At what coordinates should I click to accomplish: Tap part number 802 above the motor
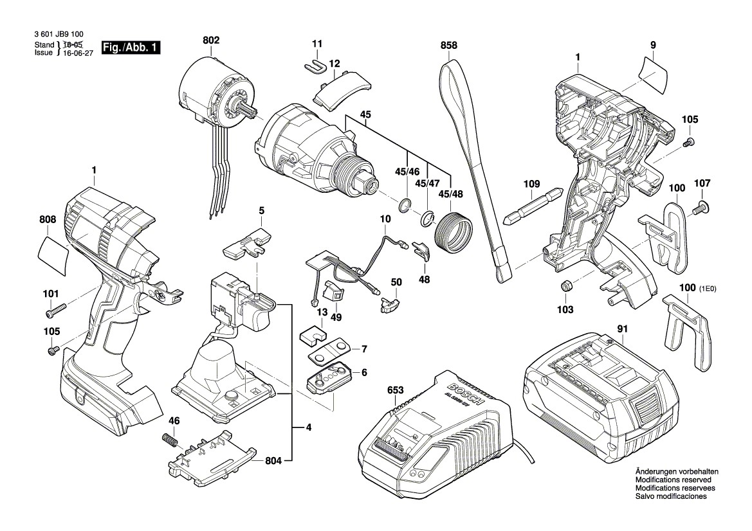[x=210, y=40]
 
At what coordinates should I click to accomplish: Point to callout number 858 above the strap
[x=448, y=46]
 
